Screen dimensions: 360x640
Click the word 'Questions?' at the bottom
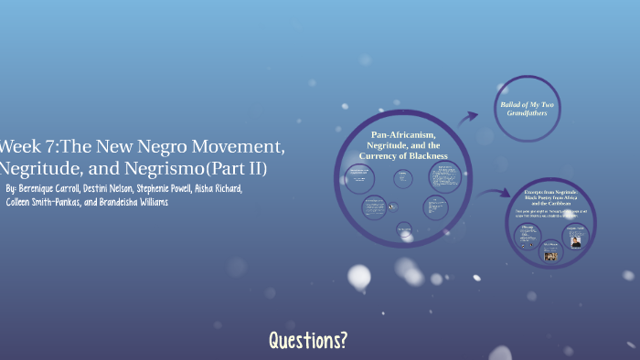pos(308,341)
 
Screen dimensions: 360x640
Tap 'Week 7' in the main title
pos(23,147)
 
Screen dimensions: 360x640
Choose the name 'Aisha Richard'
pos(217,189)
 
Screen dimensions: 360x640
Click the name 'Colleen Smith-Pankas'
pos(41,202)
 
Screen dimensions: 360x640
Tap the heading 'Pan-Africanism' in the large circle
pos(402,135)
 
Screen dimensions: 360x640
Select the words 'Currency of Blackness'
pos(402,156)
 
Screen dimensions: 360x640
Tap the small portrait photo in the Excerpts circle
pos(576,242)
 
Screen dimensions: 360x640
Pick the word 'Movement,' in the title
pos(244,147)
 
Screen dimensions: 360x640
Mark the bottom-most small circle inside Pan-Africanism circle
pos(404,230)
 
